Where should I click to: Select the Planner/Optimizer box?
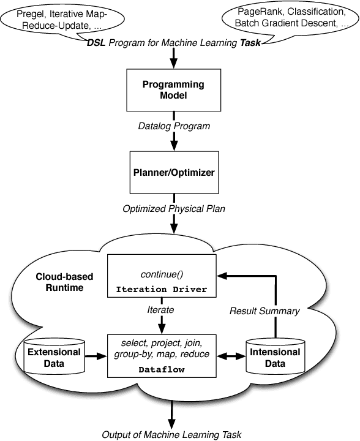coord(174,173)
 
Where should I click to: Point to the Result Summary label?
coord(264,311)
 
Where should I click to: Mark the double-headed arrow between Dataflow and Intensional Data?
coord(227,354)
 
